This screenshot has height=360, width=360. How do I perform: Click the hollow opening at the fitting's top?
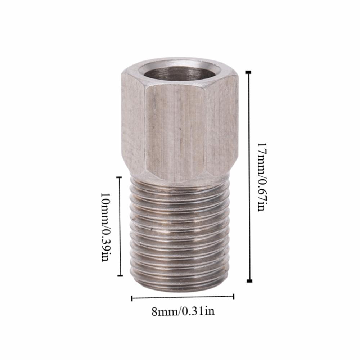tap(179, 72)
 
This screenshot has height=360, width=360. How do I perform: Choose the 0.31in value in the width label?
tap(198, 311)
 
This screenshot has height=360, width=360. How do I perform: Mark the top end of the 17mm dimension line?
tap(249, 72)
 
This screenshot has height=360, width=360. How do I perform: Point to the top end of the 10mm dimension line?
tap(120, 177)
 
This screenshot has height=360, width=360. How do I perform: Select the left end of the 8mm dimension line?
tap(132, 298)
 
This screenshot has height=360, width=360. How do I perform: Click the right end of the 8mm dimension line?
tap(234, 296)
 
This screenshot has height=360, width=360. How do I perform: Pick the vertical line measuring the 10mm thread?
tap(120, 227)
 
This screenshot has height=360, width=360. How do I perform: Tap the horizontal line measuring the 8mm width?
tap(183, 297)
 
